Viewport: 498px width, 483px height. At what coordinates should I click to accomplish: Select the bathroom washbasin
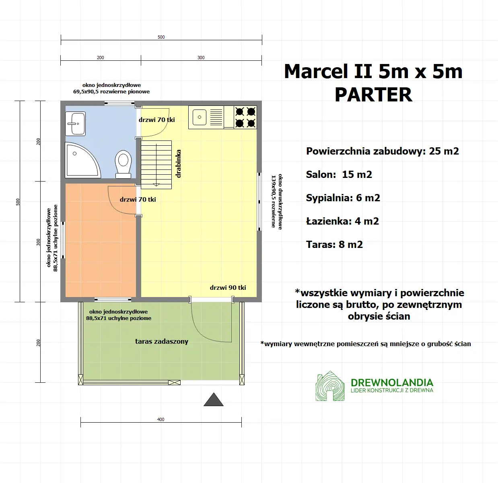coord(76,124)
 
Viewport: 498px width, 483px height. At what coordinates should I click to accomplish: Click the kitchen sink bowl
coord(200,117)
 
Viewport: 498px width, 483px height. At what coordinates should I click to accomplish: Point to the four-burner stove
coord(245,117)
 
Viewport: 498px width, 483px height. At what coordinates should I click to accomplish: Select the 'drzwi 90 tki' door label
coord(228,287)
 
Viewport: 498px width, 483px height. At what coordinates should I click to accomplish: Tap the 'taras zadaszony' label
coord(162,341)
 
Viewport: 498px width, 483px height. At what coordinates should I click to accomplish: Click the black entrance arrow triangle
coord(214,400)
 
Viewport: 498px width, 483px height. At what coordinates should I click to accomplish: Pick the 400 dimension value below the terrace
coord(161,419)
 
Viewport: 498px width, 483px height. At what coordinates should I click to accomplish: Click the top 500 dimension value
coord(161,37)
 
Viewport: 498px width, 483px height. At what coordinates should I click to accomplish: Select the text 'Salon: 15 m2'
coord(339,174)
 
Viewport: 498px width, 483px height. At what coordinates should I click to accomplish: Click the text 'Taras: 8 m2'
coord(334,244)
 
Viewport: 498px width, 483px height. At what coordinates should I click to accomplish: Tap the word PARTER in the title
coord(373,95)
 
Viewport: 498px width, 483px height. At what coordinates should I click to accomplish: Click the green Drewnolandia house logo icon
coord(330,386)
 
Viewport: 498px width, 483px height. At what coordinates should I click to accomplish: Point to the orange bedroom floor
coord(101,250)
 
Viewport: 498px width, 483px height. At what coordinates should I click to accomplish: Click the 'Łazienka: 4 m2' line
coord(342,221)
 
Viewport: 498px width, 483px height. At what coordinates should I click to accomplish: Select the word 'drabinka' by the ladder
coord(179,164)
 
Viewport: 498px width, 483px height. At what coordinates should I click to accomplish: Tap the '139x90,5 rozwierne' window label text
coord(274,201)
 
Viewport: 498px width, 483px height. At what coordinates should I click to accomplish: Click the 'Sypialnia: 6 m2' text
coord(343,198)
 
